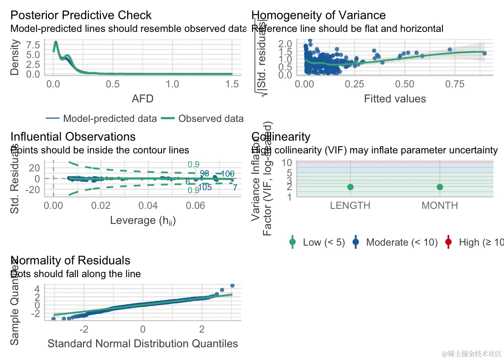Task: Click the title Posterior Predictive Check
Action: pyautogui.click(x=81, y=15)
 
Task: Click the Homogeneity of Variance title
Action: pyautogui.click(x=318, y=15)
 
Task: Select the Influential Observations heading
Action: pyautogui.click(x=73, y=137)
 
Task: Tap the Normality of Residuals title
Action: pyautogui.click(x=70, y=261)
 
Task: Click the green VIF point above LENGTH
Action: pyautogui.click(x=350, y=187)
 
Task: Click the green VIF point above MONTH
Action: pyautogui.click(x=440, y=187)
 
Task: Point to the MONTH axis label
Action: pyautogui.click(x=439, y=205)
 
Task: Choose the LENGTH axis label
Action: pyautogui.click(x=350, y=205)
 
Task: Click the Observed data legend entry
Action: pyautogui.click(x=211, y=119)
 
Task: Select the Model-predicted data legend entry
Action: pyautogui.click(x=109, y=119)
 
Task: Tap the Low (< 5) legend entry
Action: pyautogui.click(x=323, y=243)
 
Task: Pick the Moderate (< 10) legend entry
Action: pyautogui.click(x=401, y=243)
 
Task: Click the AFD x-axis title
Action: pyautogui.click(x=142, y=99)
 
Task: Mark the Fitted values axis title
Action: pyautogui.click(x=395, y=99)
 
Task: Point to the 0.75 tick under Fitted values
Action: pyautogui.click(x=454, y=84)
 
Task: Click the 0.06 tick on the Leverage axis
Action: pyautogui.click(x=195, y=205)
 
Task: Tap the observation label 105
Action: pyautogui.click(x=205, y=187)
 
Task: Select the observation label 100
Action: pyautogui.click(x=227, y=174)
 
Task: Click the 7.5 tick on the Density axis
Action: pyautogui.click(x=33, y=45)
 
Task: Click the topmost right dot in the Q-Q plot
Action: pyautogui.click(x=232, y=286)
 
